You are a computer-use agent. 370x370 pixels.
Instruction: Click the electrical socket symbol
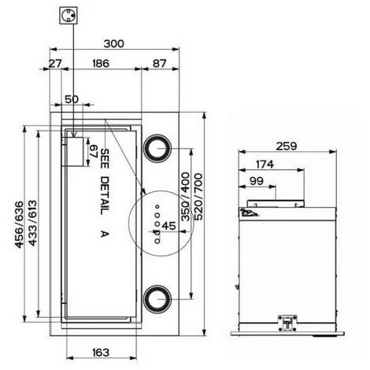point(68,16)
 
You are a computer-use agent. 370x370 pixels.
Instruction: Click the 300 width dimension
point(113,43)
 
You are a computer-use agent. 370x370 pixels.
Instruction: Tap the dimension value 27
point(55,63)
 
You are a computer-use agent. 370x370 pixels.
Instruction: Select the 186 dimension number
point(101,63)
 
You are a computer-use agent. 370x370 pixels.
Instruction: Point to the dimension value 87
point(160,63)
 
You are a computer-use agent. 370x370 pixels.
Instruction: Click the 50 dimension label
point(72,99)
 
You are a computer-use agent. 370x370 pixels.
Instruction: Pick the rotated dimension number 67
point(94,151)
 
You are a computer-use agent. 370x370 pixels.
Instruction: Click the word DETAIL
point(105,195)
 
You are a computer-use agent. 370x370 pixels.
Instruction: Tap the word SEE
point(105,159)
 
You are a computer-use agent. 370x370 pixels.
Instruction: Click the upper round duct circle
point(157,149)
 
